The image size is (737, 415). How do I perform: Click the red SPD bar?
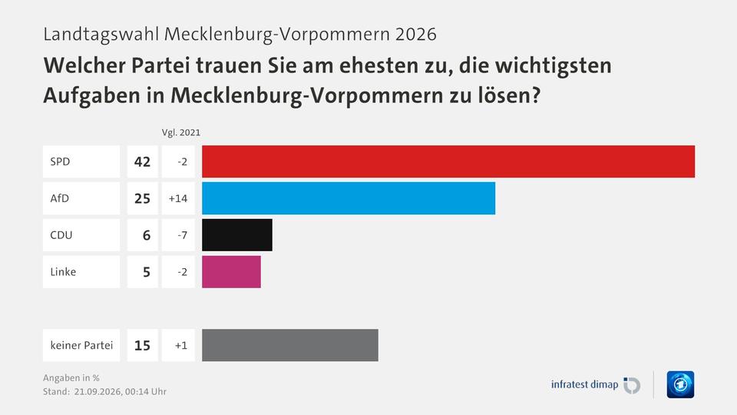[448, 161]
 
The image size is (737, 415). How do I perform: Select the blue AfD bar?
[349, 198]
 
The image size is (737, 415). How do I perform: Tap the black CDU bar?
[237, 235]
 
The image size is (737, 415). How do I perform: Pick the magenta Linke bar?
[231, 271]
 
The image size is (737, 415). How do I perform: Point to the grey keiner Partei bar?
[290, 345]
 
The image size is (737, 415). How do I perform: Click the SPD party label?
[60, 161]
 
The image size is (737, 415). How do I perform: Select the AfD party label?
[60, 198]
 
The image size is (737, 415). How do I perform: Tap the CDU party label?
[61, 235]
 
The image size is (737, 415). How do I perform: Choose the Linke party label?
[63, 271]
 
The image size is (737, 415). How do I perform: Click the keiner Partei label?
[82, 345]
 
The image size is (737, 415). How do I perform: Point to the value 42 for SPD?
[143, 161]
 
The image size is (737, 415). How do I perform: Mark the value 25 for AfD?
[143, 198]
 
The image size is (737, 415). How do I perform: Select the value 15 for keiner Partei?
[143, 345]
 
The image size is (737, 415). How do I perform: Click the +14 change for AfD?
[178, 198]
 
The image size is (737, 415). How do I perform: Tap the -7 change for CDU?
[183, 235]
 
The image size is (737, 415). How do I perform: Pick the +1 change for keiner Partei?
[181, 345]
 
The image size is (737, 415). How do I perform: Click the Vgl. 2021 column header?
[181, 133]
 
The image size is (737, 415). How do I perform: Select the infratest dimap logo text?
[585, 384]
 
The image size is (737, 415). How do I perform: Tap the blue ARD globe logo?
[680, 384]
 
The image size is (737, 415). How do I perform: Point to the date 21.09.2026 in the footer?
[97, 391]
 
